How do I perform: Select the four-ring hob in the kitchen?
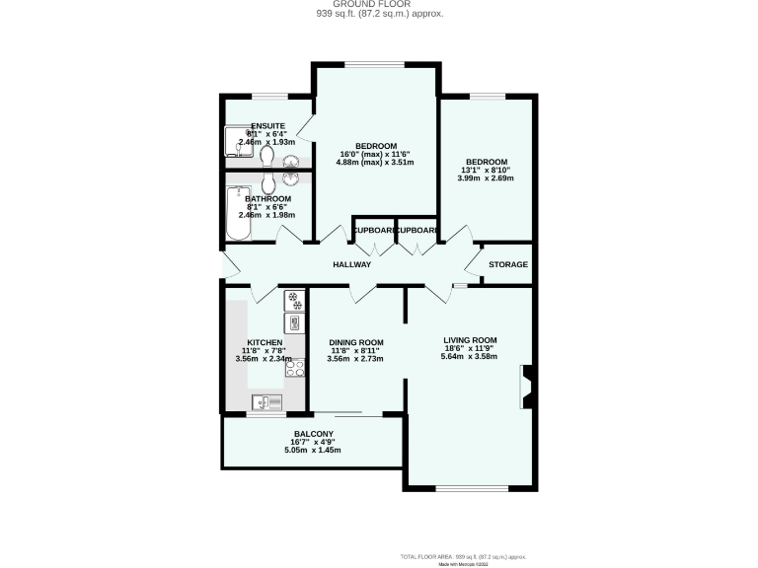[294, 370]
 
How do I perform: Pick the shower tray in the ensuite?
[237, 143]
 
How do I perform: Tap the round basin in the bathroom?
[291, 179]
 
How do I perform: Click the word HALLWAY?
[351, 264]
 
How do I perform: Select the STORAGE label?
[509, 264]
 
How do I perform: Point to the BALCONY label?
[313, 434]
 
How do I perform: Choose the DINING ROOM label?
[355, 342]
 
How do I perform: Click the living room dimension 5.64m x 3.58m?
[470, 358]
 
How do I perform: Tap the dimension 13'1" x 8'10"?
[487, 170]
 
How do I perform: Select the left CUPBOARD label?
[373, 230]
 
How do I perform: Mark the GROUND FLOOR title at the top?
[378, 5]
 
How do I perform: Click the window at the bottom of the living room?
[472, 487]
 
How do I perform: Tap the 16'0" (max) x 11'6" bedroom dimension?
[375, 154]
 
